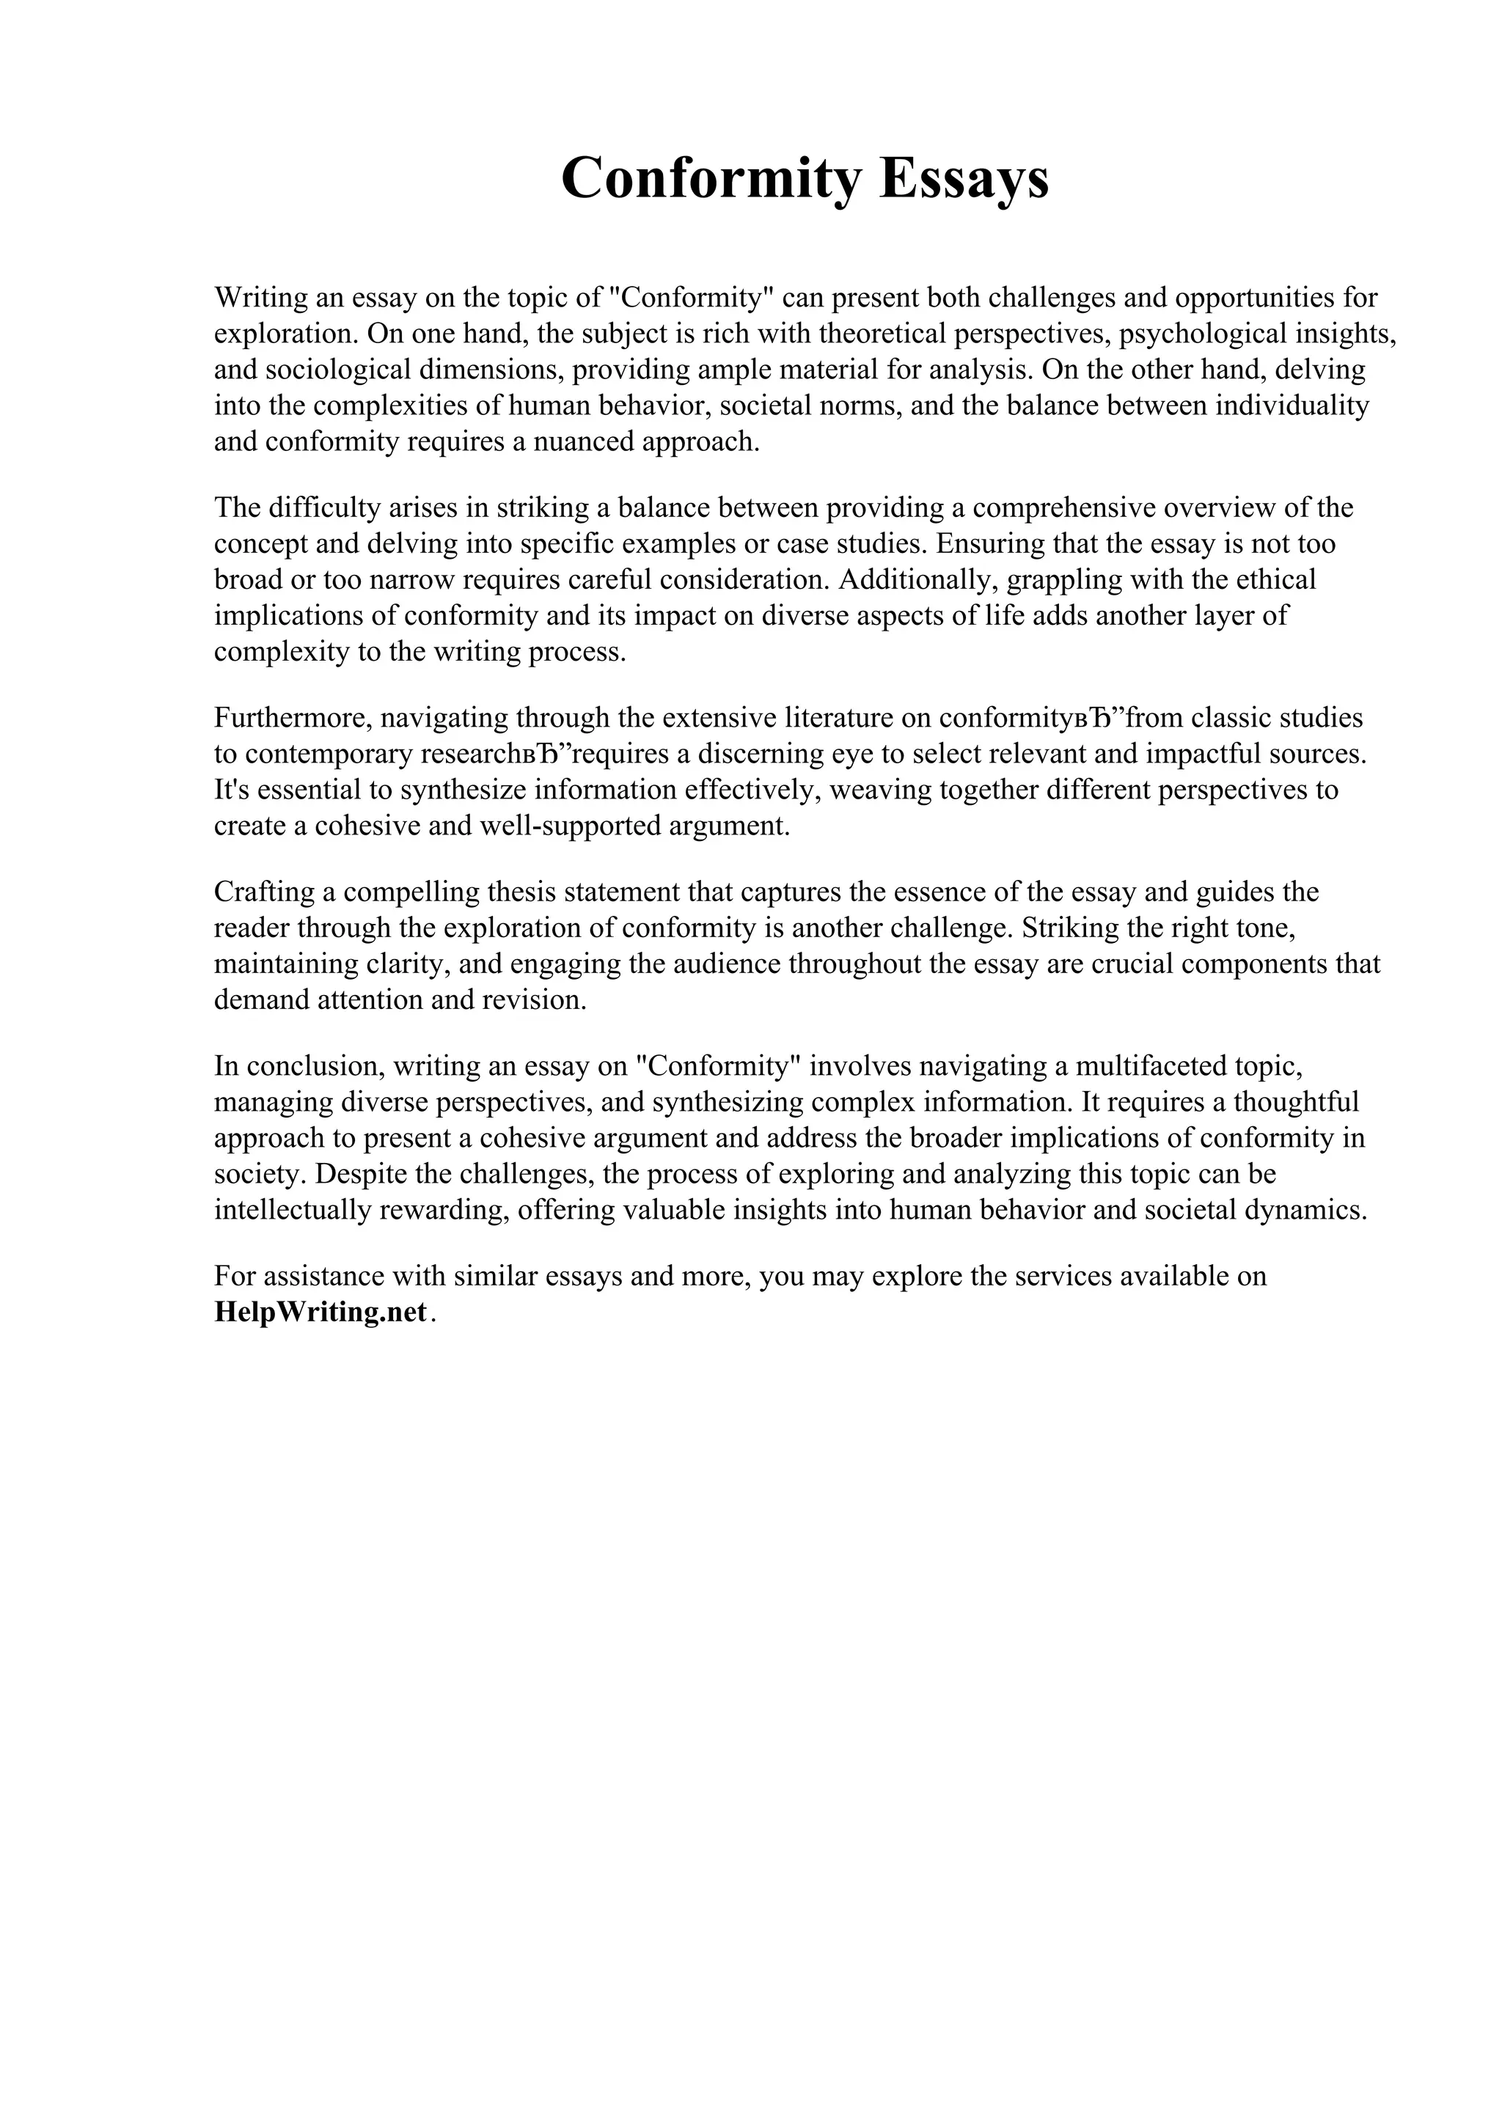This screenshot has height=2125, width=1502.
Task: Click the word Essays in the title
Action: [x=964, y=177]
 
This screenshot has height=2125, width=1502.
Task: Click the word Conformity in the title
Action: [x=711, y=177]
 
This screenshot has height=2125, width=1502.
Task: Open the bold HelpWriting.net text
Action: [x=321, y=1312]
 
